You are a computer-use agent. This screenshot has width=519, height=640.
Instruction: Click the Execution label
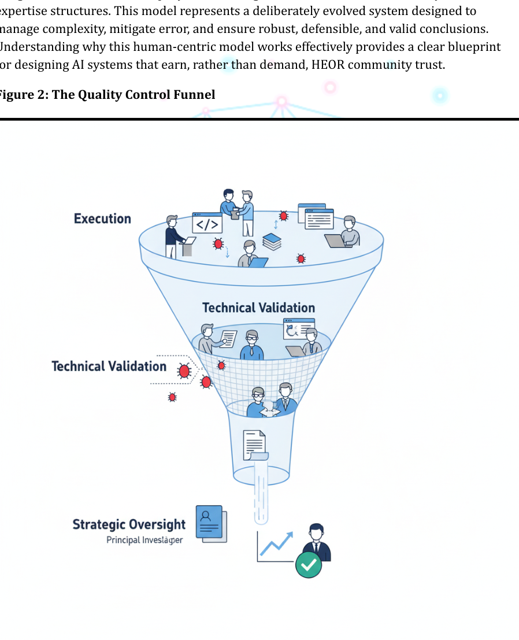point(102,219)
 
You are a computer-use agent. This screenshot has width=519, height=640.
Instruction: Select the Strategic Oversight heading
point(129,524)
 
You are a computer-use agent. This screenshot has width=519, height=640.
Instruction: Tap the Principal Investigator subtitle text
point(144,540)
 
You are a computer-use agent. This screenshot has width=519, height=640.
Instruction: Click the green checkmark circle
point(309,564)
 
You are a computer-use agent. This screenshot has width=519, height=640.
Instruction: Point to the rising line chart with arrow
point(275,546)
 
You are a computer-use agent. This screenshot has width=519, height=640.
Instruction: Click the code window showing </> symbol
point(207,224)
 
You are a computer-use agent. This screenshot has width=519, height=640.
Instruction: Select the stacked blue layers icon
point(272,241)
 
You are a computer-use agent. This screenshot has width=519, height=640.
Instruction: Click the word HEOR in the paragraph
point(328,65)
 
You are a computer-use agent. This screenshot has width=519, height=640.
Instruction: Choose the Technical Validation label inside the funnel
point(258,308)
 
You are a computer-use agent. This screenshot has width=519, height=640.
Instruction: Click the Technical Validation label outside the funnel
point(109,366)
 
